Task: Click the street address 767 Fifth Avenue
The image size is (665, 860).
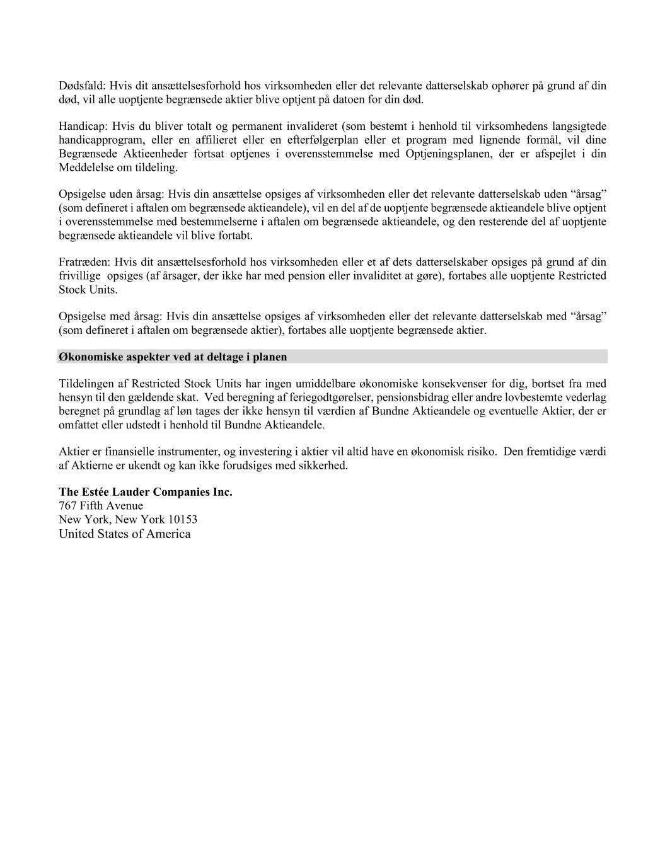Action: coord(101,506)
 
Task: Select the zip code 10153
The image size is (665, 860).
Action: coord(182,520)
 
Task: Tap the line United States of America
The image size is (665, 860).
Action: coord(124,534)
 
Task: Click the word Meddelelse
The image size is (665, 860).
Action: coord(84,168)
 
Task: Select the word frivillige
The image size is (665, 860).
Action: coord(79,276)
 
